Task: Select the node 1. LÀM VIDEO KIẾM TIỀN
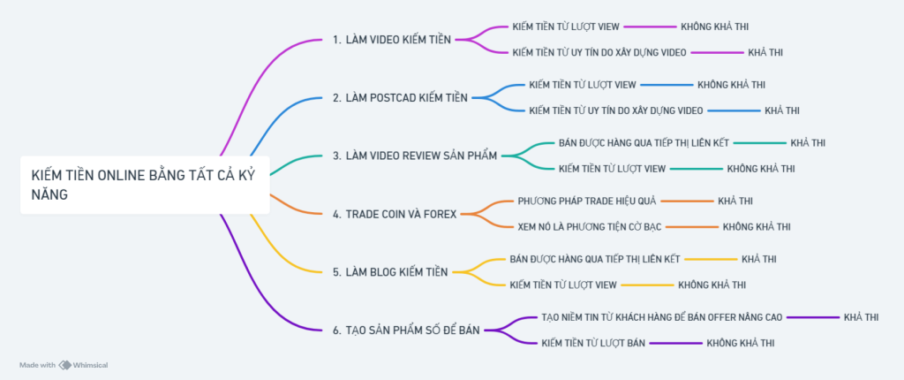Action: coord(392,40)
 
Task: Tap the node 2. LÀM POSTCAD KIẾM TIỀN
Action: coord(400,98)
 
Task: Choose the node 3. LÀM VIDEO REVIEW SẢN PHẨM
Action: coord(415,156)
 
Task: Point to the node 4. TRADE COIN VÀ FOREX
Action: coord(395,214)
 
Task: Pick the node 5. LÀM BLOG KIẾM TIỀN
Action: coord(390,271)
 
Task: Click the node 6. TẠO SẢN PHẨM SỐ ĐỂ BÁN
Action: coord(406,330)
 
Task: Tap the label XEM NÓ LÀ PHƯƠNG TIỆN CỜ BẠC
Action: coord(589,227)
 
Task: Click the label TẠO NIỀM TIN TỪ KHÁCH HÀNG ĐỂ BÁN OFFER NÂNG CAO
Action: coord(662,316)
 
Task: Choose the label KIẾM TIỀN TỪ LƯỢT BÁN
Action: coord(594,342)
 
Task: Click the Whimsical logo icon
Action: coord(65,365)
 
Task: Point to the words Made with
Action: coord(37,365)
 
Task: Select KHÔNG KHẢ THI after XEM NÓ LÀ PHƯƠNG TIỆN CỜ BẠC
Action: coord(757,227)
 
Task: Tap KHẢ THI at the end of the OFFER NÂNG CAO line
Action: coord(861,316)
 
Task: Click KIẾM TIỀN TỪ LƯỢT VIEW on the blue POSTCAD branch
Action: coord(583,85)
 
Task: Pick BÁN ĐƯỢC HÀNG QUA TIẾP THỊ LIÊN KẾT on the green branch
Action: coord(644,142)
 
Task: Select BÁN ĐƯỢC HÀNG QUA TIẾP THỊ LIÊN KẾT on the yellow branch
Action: coord(595,259)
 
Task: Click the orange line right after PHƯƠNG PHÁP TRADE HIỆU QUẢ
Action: coord(686,201)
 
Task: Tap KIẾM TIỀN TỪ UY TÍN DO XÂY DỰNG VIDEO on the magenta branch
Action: coord(599,52)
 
